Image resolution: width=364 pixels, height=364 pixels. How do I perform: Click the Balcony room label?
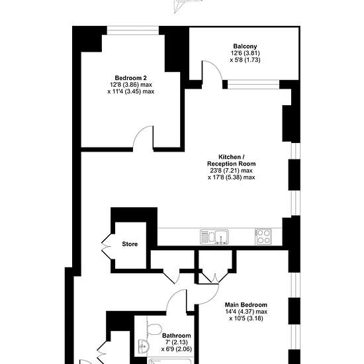pyautogui.click(x=245, y=46)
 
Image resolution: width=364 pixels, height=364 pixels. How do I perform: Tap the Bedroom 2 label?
pyautogui.click(x=130, y=78)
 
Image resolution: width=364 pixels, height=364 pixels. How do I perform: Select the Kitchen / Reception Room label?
pyautogui.click(x=231, y=160)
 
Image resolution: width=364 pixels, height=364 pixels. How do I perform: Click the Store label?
pyautogui.click(x=130, y=244)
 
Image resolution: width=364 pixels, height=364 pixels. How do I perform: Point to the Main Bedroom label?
pyautogui.click(x=246, y=304)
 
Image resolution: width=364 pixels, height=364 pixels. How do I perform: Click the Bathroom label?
pyautogui.click(x=177, y=336)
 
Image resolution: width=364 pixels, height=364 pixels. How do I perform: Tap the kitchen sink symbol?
pyautogui.click(x=214, y=237)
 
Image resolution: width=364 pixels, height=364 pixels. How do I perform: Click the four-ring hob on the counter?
pyautogui.click(x=263, y=236)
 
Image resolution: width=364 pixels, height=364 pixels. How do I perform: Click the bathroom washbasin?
pyautogui.click(x=143, y=347)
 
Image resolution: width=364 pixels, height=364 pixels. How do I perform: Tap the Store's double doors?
pyautogui.click(x=107, y=246)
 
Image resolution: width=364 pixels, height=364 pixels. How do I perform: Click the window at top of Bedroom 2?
pyautogui.click(x=133, y=30)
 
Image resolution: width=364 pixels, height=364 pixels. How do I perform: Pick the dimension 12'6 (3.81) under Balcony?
pyautogui.click(x=244, y=53)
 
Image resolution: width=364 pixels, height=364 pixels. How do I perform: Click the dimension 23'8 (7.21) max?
pyautogui.click(x=231, y=171)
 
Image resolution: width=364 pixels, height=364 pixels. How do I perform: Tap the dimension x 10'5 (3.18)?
pyautogui.click(x=246, y=318)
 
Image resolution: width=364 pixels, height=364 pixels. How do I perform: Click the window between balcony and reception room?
pyautogui.click(x=253, y=84)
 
